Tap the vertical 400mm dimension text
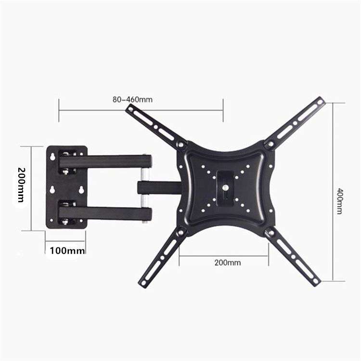coord(339,201)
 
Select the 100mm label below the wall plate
coord(67,250)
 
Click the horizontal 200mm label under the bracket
coord(227,263)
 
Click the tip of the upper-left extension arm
coord(130,108)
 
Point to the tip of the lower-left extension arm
coord(144,284)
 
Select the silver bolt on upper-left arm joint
coord(180,144)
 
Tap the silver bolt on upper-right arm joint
coord(271,144)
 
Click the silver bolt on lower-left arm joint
coord(181,233)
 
